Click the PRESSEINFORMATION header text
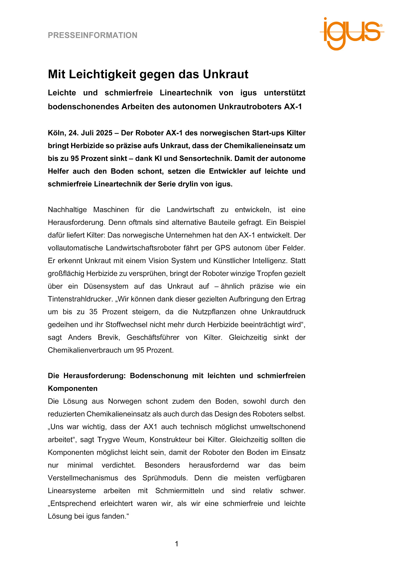(92, 35)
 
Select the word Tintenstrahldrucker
(81, 299)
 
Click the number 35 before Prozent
(93, 312)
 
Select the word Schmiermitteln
(179, 491)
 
